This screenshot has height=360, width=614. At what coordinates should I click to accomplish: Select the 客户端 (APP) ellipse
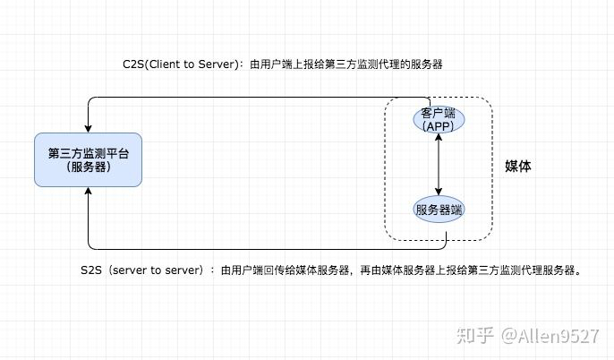[439, 120]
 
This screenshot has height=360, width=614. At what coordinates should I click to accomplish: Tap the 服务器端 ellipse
[439, 210]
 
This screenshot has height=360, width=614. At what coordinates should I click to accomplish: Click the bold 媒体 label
[518, 167]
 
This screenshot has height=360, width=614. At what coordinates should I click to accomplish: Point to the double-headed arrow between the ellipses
[439, 166]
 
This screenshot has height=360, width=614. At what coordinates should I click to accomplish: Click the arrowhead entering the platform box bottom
[88, 193]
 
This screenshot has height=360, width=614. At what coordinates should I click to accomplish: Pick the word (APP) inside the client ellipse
[439, 126]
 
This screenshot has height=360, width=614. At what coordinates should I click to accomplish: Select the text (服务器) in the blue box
[88, 167]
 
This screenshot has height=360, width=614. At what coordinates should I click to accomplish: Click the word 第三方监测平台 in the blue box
[88, 152]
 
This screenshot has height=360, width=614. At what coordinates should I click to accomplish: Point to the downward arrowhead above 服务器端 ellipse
[439, 190]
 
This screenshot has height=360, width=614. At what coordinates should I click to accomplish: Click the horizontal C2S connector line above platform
[251, 100]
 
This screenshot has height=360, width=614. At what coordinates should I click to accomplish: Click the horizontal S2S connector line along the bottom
[269, 248]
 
